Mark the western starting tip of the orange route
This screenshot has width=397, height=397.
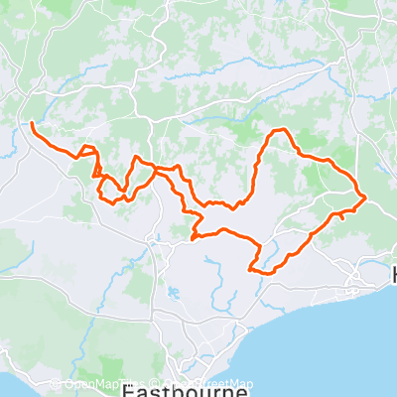(x=32, y=123)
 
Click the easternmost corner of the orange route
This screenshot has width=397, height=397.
(x=365, y=197)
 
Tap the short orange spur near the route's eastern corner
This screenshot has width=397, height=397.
(x=337, y=213)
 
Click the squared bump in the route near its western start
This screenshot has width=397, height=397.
(x=87, y=150)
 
